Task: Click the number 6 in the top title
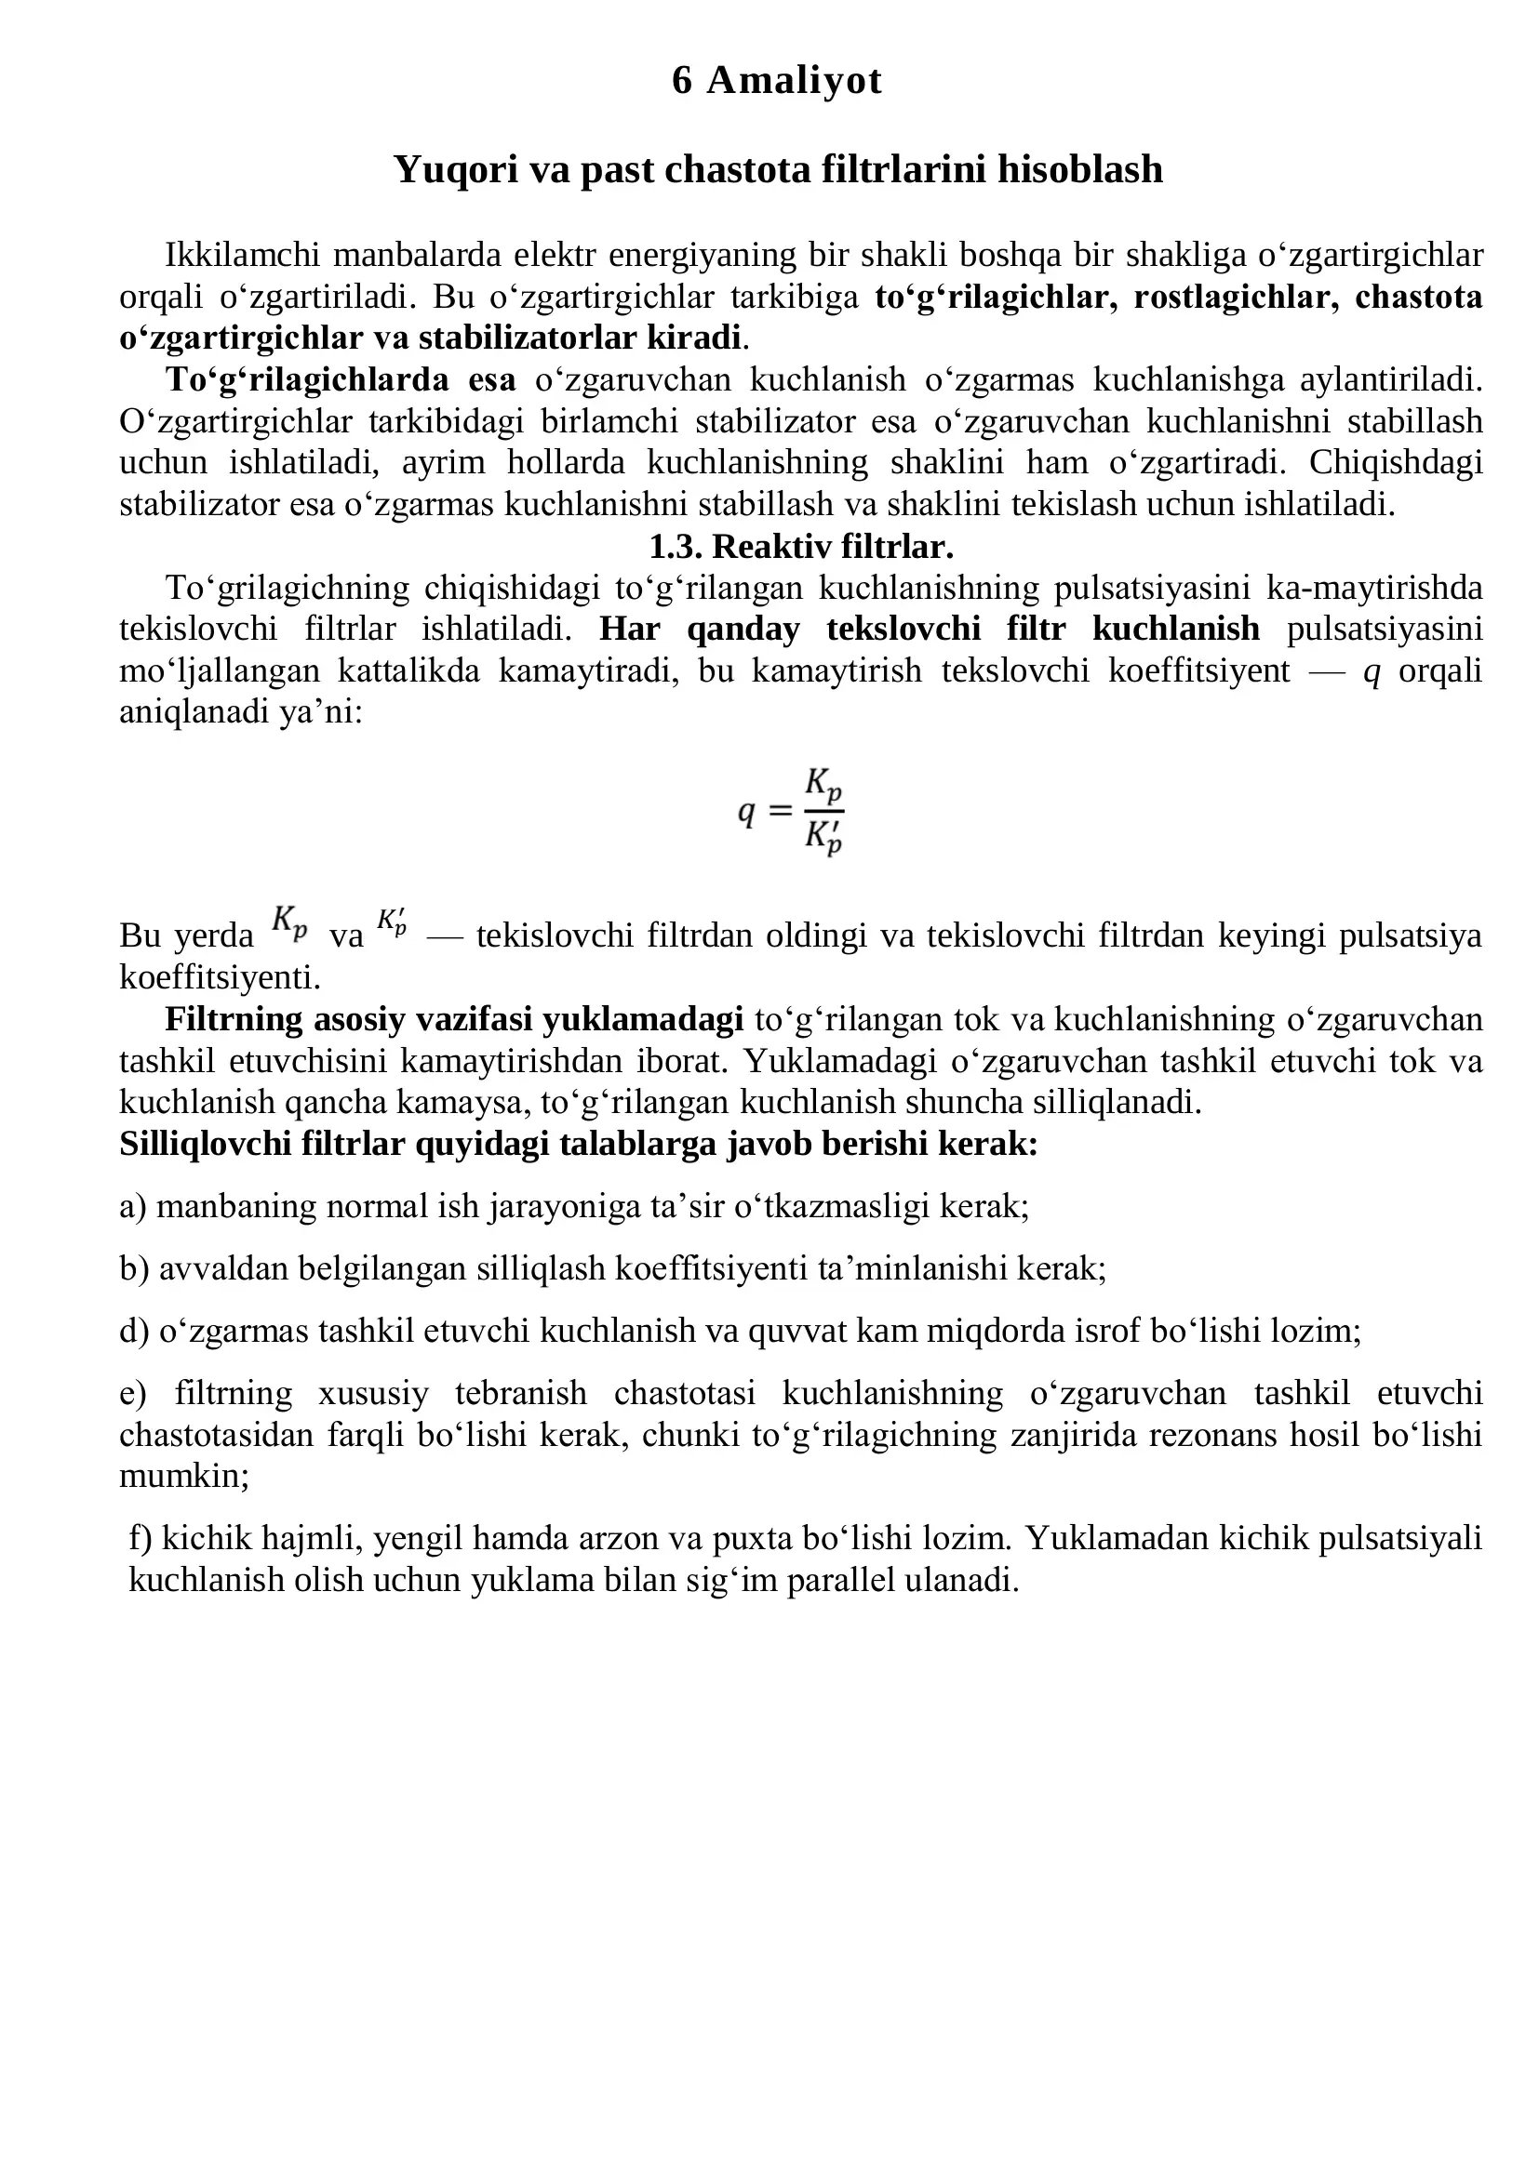click(x=681, y=81)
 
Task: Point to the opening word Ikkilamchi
click(x=243, y=256)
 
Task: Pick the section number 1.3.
click(x=675, y=547)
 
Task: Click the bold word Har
click(x=629, y=629)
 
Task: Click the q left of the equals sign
click(x=747, y=812)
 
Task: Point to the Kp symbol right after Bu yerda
click(x=289, y=921)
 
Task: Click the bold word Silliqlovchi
click(x=206, y=1145)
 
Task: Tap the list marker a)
click(x=133, y=1207)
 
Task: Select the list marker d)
click(x=134, y=1332)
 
